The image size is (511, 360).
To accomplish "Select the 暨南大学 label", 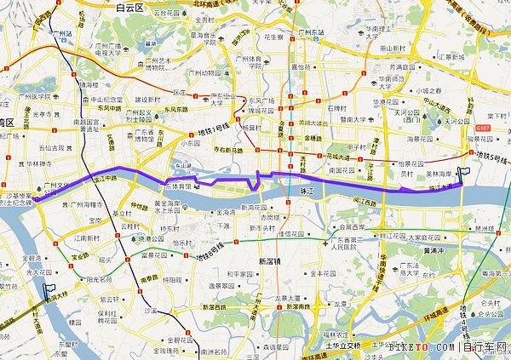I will pos(351,120).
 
